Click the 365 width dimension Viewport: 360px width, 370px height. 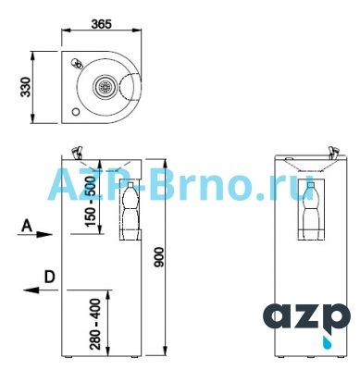click(101, 24)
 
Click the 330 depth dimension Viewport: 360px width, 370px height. click(26, 87)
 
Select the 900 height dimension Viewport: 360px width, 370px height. click(160, 257)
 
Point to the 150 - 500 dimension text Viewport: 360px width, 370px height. click(90, 201)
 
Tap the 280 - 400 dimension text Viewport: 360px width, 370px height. click(96, 324)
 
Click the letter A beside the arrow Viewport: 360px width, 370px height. click(27, 226)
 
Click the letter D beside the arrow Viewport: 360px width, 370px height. click(49, 277)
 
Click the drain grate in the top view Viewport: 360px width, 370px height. click(106, 86)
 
